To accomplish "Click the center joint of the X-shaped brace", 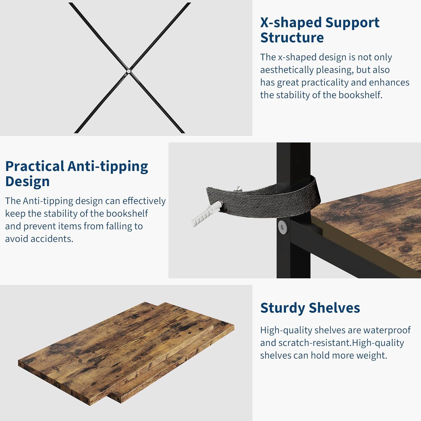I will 128,71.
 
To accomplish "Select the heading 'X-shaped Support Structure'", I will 320,30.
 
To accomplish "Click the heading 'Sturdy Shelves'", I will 310,308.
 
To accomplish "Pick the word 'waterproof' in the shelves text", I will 387,330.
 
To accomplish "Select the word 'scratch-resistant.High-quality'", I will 341,343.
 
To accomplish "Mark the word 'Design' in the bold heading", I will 28,181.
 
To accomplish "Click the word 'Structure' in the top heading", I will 292,38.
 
